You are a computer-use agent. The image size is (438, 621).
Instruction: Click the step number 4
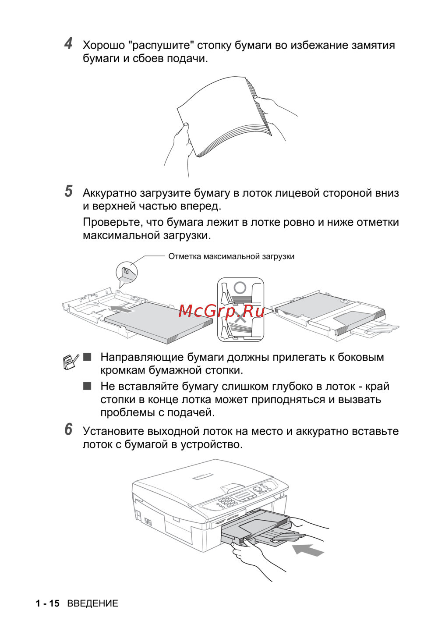coord(68,43)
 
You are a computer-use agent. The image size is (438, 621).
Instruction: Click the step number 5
coord(69,192)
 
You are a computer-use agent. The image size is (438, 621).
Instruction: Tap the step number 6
coord(68,429)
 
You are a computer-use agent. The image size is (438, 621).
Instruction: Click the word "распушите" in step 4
coord(161,46)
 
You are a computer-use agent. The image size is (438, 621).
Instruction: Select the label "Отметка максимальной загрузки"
coord(231,256)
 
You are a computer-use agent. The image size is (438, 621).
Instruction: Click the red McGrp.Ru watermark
coord(221,311)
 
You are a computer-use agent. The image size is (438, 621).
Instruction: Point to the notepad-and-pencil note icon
coord(71,362)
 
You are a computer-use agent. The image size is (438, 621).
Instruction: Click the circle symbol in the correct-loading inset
coord(240,287)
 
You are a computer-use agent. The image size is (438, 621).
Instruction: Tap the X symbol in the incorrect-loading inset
coord(240,319)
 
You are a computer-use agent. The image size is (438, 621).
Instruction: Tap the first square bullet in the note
coord(87,357)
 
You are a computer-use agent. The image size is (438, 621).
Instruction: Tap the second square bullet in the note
coord(87,386)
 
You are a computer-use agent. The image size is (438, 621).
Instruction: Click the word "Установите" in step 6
coord(113,431)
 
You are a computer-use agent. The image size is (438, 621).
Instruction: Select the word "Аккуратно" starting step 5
coord(109,193)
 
